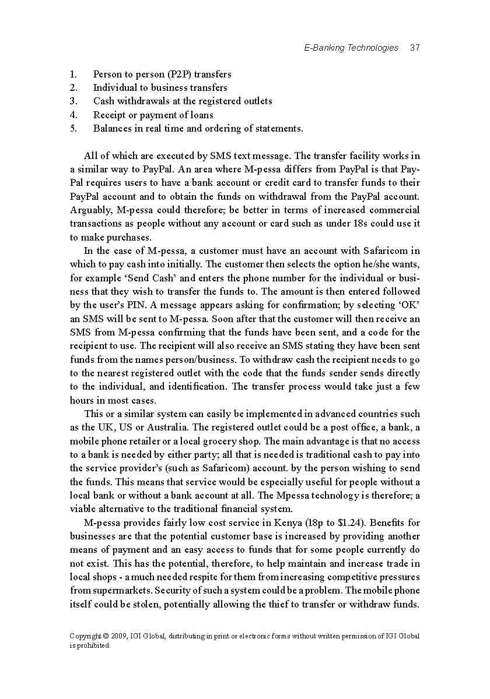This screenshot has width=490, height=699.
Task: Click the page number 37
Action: [x=415, y=48]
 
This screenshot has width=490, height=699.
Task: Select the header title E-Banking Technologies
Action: [x=351, y=48]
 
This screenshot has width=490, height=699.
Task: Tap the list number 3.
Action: [x=73, y=101]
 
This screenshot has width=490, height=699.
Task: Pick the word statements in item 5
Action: [x=276, y=129]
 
